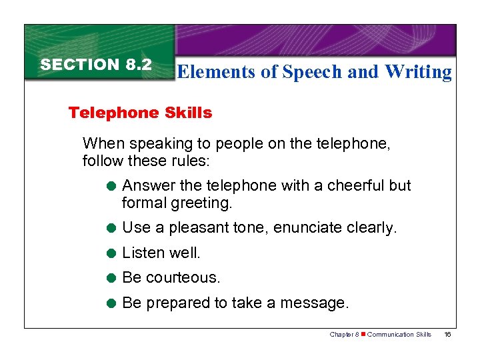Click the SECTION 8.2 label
(96, 65)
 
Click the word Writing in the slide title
(418, 72)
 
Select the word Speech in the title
(313, 72)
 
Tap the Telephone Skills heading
(140, 113)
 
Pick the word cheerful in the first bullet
(347, 185)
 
